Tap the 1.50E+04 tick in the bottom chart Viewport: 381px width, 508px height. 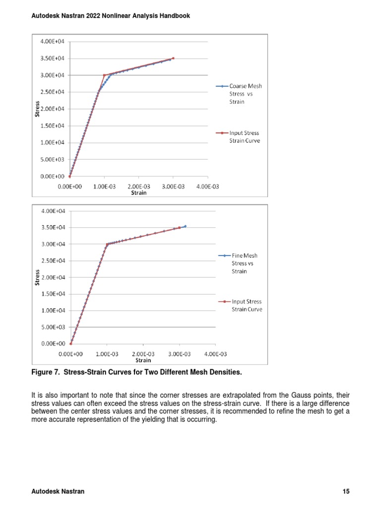click(52, 294)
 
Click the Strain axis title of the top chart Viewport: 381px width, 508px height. click(138, 192)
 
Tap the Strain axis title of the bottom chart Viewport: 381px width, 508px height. click(143, 360)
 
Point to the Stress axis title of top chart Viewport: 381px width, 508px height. click(37, 109)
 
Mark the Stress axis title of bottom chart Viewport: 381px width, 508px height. click(37, 277)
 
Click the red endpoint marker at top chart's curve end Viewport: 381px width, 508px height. click(173, 58)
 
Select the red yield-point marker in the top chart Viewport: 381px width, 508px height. click(104, 75)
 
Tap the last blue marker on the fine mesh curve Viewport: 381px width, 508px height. click(185, 226)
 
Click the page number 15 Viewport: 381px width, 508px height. click(346, 492)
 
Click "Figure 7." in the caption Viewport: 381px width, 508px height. click(46, 372)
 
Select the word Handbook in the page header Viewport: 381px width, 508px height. click(173, 16)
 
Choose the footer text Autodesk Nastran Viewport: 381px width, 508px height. click(58, 492)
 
